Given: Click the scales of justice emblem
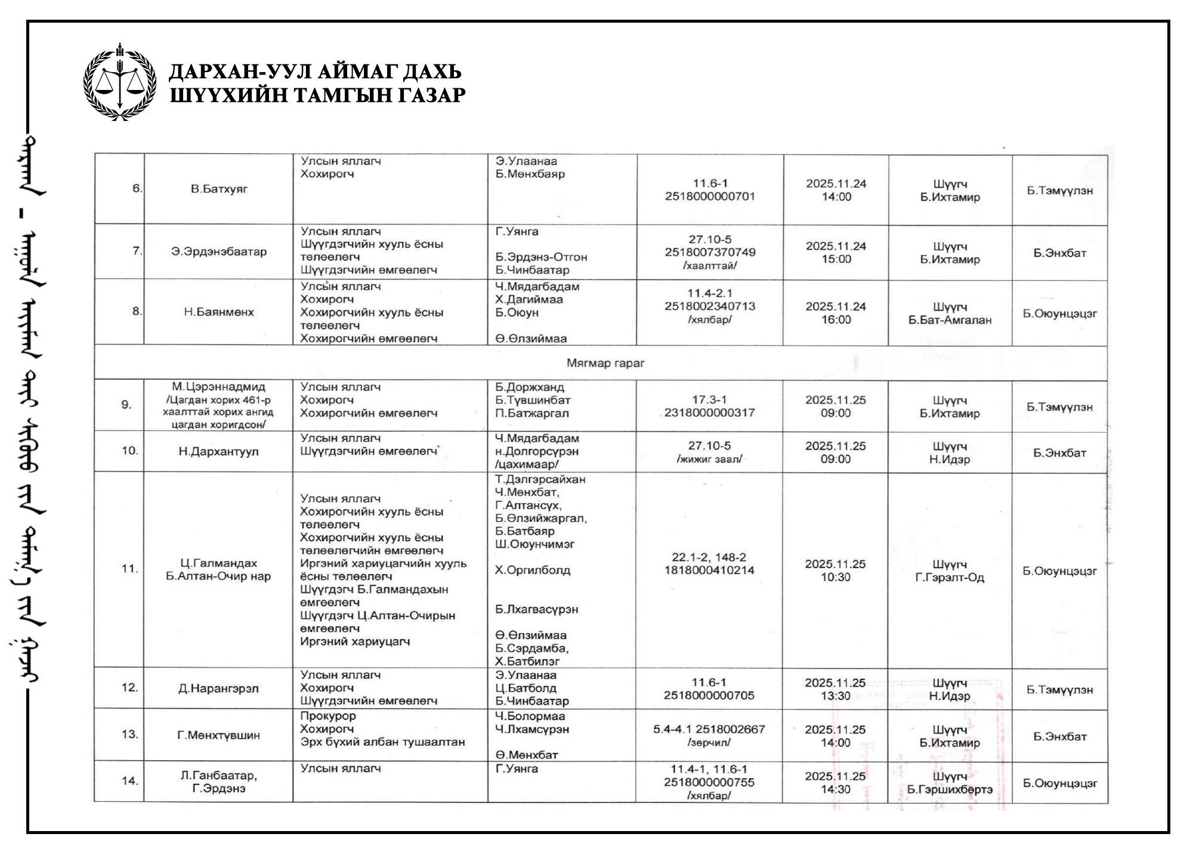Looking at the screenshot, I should click(120, 82).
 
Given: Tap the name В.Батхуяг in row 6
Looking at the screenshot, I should click(219, 189).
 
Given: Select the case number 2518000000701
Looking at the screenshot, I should click(710, 197).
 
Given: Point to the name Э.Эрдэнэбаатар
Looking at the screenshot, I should click(219, 252).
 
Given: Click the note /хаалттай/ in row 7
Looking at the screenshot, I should click(710, 266).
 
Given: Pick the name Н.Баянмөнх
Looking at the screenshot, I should click(219, 312).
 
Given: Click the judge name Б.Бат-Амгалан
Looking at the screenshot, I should click(950, 320).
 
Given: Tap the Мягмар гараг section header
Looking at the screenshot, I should click(605, 363).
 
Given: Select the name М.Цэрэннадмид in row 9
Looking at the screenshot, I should click(219, 387).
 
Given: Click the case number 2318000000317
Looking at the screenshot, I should click(709, 413).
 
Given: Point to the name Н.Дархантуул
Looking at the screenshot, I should click(219, 452).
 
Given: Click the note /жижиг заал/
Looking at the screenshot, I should click(709, 459).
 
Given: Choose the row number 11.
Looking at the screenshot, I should click(129, 569).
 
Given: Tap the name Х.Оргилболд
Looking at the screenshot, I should click(533, 570).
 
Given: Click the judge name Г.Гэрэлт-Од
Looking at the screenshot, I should click(950, 578).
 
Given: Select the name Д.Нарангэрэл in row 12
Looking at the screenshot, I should click(219, 689).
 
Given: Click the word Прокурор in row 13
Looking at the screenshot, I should click(328, 716).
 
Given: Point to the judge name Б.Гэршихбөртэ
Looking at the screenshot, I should click(950, 790).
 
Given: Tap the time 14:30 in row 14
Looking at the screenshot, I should click(835, 789).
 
